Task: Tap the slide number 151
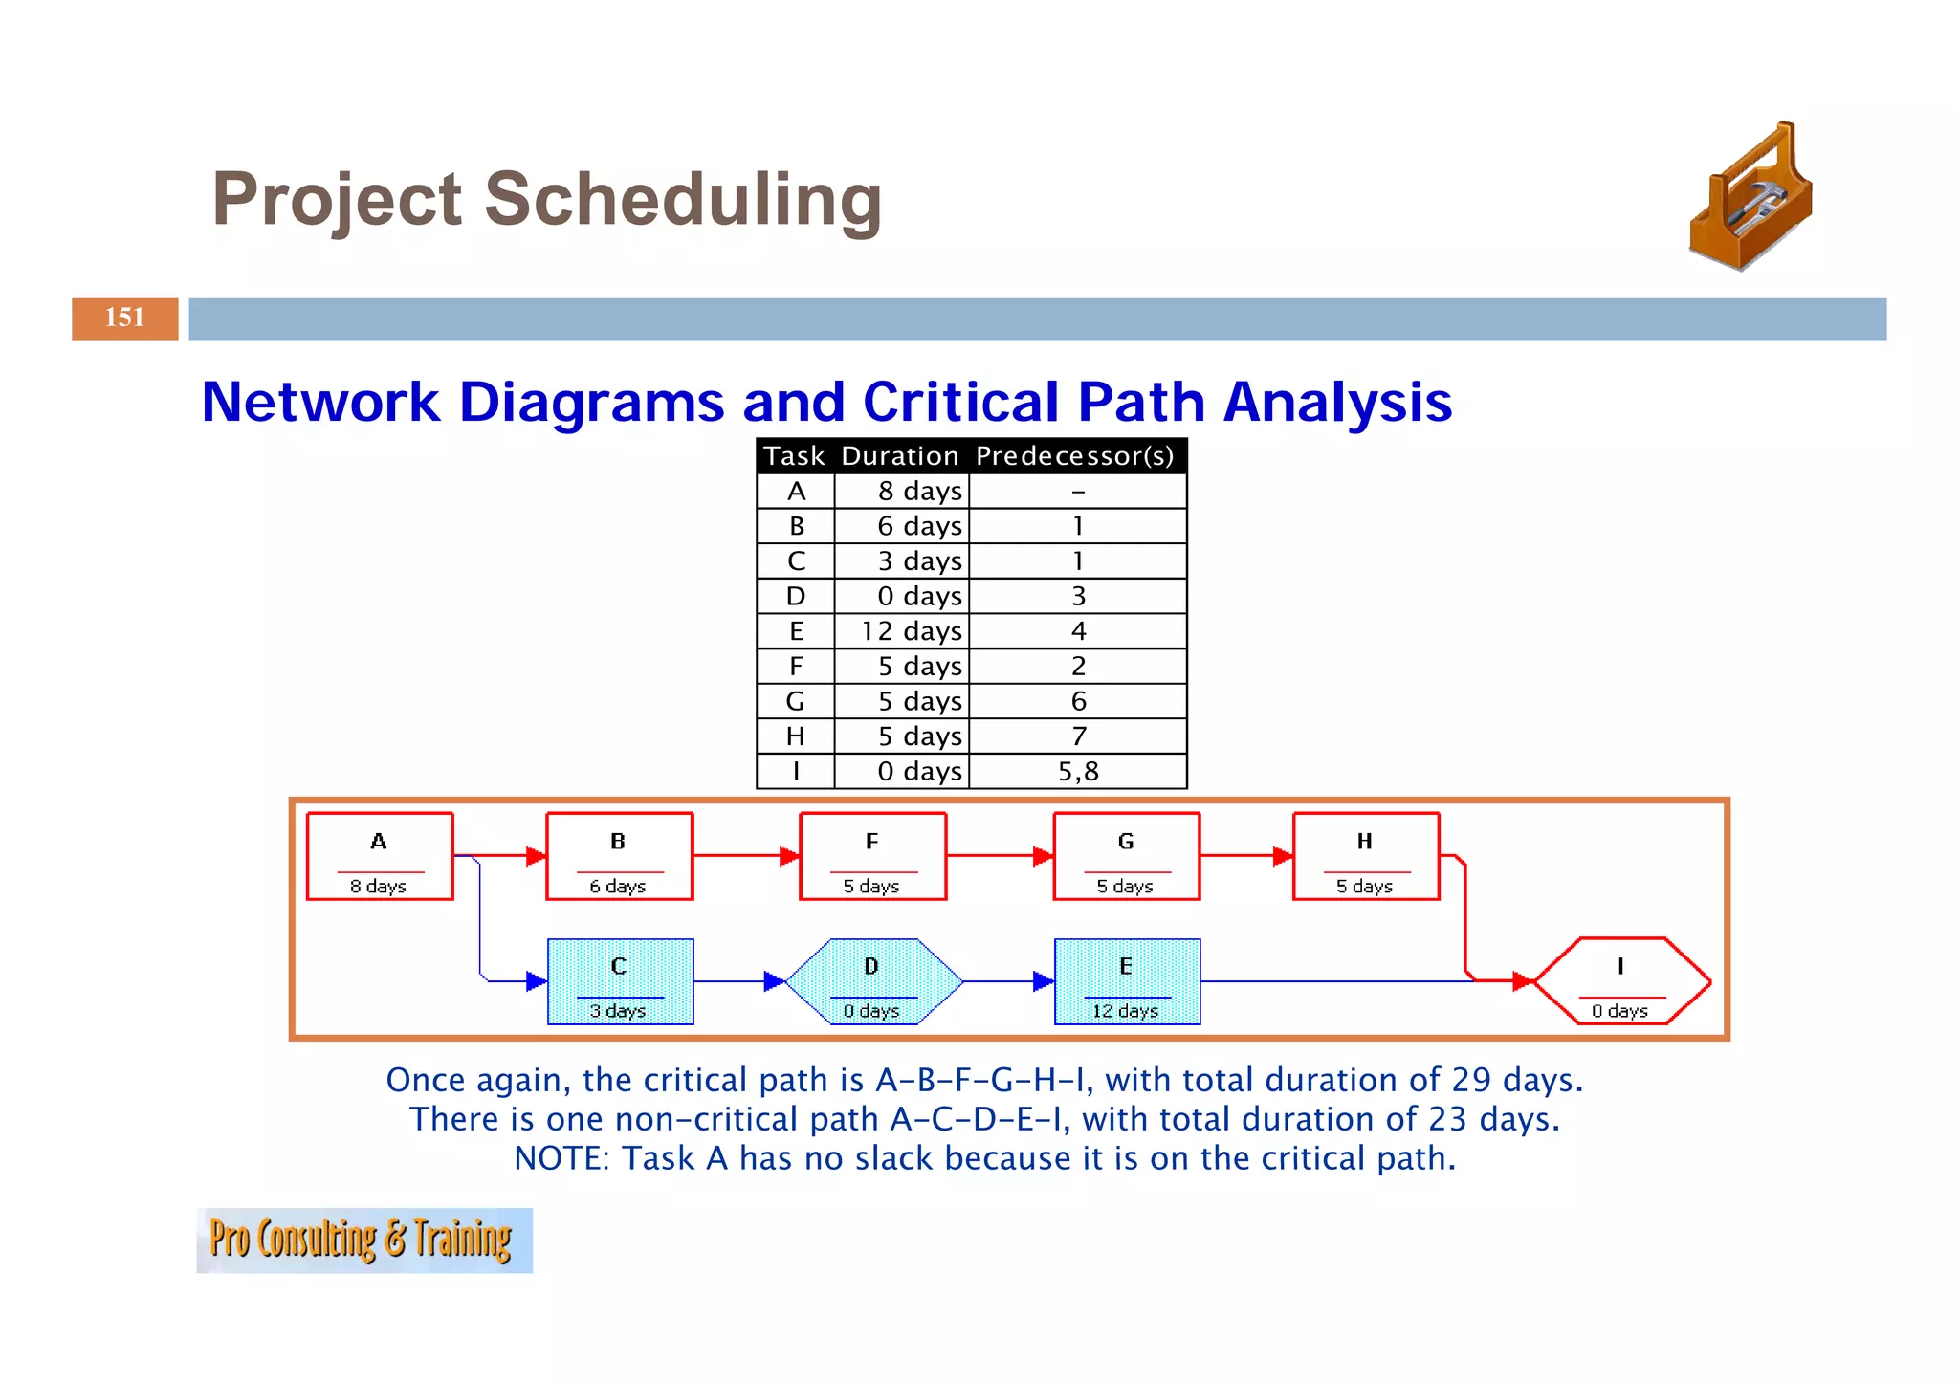(124, 318)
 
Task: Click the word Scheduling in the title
(683, 200)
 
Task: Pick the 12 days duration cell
(911, 631)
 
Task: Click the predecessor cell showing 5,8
(1078, 771)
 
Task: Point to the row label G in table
(795, 701)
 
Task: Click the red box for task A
(380, 856)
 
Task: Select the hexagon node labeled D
(872, 981)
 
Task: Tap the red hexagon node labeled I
(1621, 981)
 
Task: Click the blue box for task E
(1127, 981)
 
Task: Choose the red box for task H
(1366, 856)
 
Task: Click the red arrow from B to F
(746, 855)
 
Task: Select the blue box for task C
(620, 981)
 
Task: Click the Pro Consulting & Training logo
(363, 1241)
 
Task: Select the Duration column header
(899, 456)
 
